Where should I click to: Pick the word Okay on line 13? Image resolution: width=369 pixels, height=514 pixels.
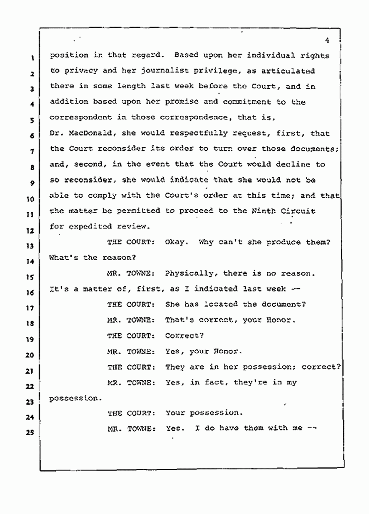(176, 242)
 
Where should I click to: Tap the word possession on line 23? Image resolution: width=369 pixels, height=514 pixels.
(73, 398)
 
